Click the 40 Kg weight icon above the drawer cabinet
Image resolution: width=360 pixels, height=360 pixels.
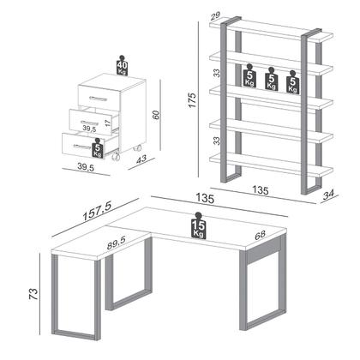pyautogui.click(x=122, y=65)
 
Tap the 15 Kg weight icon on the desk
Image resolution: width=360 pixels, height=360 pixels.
pyautogui.click(x=199, y=225)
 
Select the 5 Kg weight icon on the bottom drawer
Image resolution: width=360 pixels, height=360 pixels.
pyautogui.click(x=98, y=147)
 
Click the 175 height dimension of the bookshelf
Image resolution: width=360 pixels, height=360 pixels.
pyautogui.click(x=192, y=100)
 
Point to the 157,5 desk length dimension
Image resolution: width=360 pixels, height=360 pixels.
pyautogui.click(x=97, y=211)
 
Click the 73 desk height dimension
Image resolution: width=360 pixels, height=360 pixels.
pyautogui.click(x=33, y=294)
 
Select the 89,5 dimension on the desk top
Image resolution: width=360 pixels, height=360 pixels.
pyautogui.click(x=117, y=243)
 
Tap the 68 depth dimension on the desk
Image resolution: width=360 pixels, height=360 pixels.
pyautogui.click(x=260, y=236)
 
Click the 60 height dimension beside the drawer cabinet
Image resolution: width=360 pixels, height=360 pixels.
pyautogui.click(x=156, y=115)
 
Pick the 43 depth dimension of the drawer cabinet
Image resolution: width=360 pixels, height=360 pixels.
pyautogui.click(x=141, y=159)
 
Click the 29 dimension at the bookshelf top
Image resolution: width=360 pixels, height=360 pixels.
pyautogui.click(x=214, y=15)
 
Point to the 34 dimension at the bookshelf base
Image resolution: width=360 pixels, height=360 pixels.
pyautogui.click(x=328, y=195)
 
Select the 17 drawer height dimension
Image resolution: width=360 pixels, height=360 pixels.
pyautogui.click(x=107, y=123)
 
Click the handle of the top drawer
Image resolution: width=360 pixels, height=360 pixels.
pyautogui.click(x=98, y=99)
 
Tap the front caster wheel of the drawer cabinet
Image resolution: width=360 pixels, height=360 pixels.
pyautogui.click(x=116, y=158)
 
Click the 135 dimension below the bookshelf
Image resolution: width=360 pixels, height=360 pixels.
pyautogui.click(x=261, y=190)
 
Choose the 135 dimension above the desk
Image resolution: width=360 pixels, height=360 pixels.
pyautogui.click(x=205, y=198)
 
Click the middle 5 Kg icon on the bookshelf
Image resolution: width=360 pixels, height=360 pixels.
pyautogui.click(x=271, y=79)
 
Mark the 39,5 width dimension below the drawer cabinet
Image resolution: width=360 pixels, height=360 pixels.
pyautogui.click(x=86, y=167)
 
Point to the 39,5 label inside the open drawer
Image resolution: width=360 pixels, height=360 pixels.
pyautogui.click(x=89, y=129)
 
